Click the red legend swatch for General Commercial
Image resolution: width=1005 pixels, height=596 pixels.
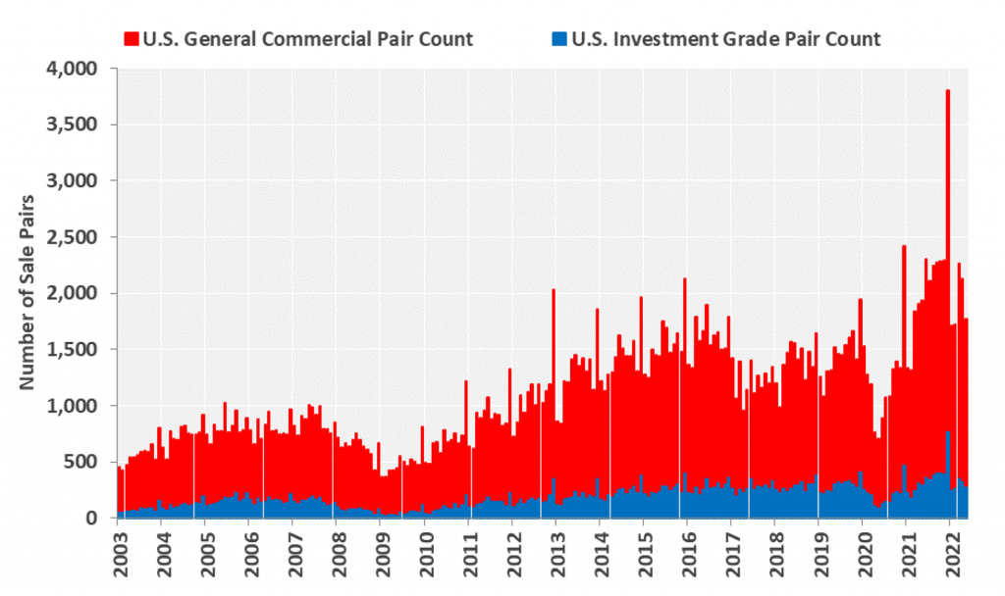132,39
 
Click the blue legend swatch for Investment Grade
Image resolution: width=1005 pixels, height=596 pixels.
559,39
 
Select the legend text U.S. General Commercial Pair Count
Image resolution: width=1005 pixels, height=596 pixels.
307,39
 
